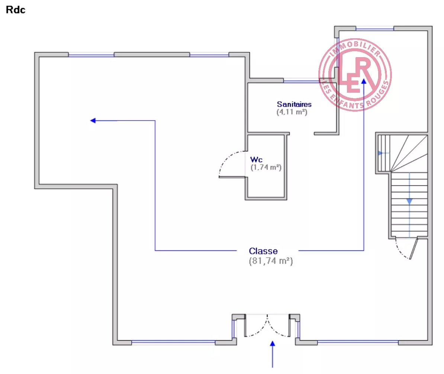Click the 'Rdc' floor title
[x=15, y=10]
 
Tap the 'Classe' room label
[x=263, y=251]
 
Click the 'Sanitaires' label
[x=294, y=104]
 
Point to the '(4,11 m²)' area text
[x=292, y=112]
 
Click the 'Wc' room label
[x=256, y=160]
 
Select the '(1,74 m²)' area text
[x=266, y=168]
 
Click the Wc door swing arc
[x=227, y=163]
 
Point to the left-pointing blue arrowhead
[x=93, y=121]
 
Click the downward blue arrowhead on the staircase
[x=409, y=201]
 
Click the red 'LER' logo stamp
[x=355, y=74]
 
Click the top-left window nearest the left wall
[x=91, y=55]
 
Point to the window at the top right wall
[x=374, y=29]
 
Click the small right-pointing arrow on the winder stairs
[x=380, y=153]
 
